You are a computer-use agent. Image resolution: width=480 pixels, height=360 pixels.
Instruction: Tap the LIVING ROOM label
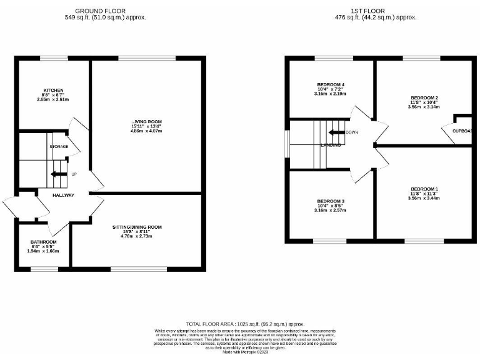click(x=147, y=121)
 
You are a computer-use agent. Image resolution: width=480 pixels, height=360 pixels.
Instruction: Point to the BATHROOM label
click(x=44, y=242)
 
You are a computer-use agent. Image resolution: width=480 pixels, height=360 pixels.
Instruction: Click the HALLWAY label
click(x=64, y=196)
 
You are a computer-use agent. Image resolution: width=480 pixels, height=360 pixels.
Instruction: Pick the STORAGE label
click(x=59, y=146)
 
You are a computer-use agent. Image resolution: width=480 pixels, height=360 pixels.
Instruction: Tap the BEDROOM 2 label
click(x=424, y=98)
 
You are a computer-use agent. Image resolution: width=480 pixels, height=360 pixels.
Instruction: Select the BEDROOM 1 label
click(x=424, y=189)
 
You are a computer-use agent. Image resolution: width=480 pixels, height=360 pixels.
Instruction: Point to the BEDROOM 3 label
click(x=331, y=201)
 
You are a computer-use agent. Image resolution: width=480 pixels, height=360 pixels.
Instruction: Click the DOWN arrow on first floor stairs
click(x=337, y=132)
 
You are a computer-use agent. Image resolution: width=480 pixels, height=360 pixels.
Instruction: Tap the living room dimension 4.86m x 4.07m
click(x=147, y=131)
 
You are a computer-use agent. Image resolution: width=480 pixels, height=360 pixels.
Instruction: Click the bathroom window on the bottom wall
click(x=44, y=269)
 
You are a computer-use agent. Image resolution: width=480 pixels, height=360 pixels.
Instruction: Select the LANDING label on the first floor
click(x=331, y=145)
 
